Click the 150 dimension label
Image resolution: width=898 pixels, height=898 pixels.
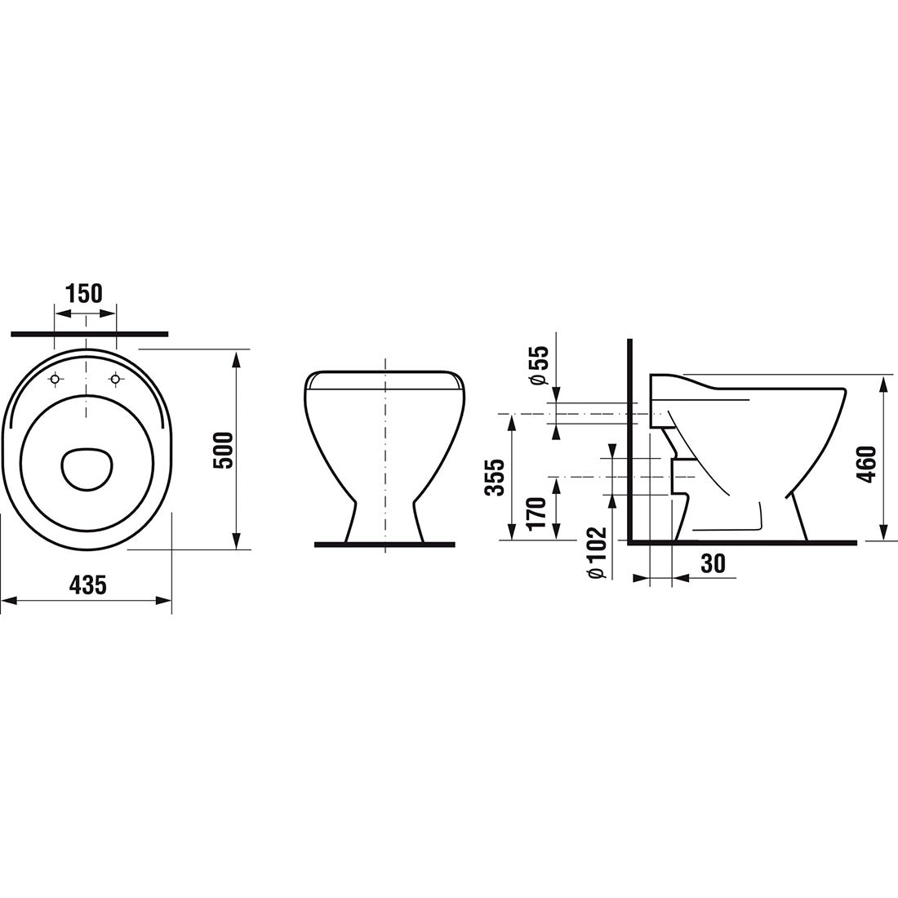coord(84,293)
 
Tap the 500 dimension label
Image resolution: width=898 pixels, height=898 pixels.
coord(224,450)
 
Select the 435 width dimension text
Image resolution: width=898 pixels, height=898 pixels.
coord(87,585)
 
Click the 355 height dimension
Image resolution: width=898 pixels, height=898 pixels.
coord(495,477)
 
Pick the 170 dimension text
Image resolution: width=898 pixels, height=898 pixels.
coord(537,513)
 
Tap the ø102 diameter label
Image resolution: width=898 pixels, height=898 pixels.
coord(596,553)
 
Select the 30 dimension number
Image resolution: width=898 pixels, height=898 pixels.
coord(713,564)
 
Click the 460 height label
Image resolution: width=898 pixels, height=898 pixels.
coord(868,464)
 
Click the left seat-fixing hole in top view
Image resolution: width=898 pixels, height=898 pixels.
coord(56,379)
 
